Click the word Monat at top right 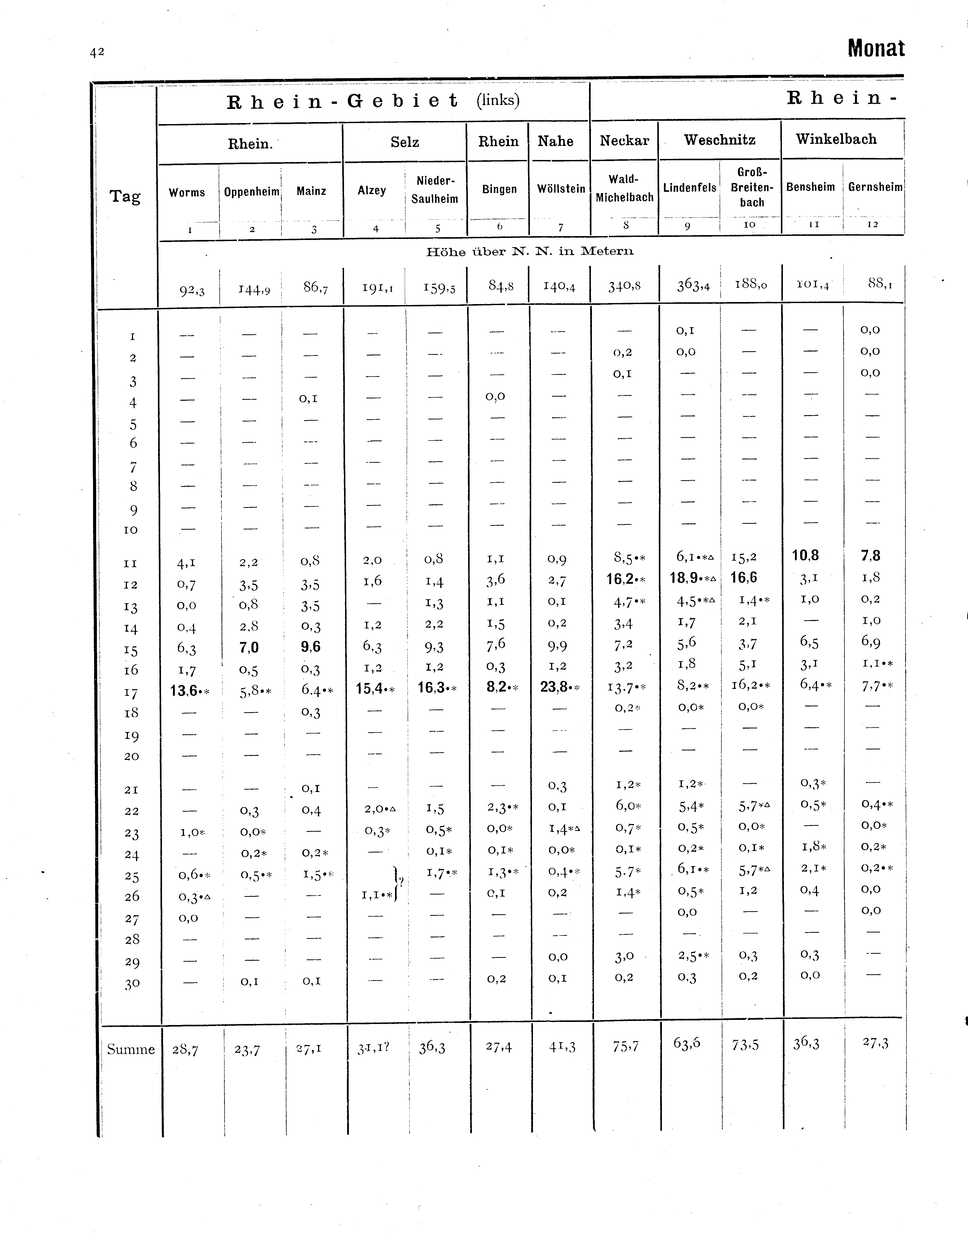click(876, 49)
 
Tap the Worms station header click(187, 192)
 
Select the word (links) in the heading click(498, 100)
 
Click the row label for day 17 click(131, 692)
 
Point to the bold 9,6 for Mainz click(311, 647)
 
